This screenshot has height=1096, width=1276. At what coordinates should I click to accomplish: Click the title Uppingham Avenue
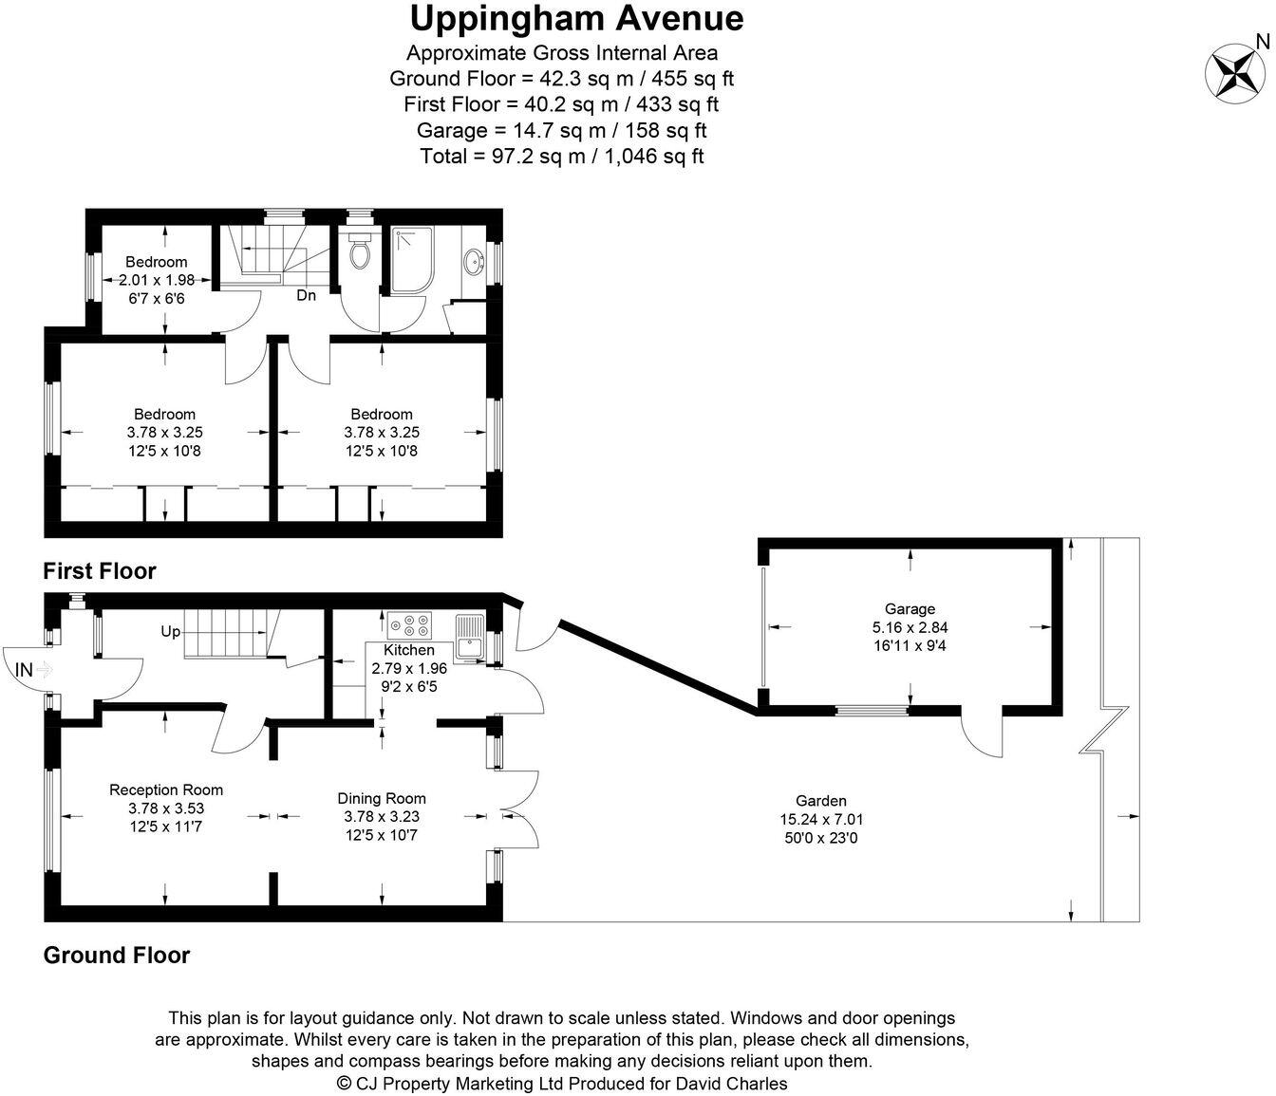(x=576, y=18)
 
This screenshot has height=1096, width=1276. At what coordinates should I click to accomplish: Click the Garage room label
(x=910, y=609)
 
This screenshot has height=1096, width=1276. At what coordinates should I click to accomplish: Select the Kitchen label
(x=409, y=650)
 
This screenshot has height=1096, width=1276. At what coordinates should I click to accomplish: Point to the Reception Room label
(x=166, y=789)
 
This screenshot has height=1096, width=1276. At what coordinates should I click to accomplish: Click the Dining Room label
(x=382, y=798)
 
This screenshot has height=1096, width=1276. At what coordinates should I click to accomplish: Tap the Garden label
(x=821, y=801)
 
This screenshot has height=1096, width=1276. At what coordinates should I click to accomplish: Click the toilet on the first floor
(x=360, y=251)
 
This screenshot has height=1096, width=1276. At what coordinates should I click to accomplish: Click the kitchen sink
(x=469, y=633)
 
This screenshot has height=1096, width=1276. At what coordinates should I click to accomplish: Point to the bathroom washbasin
(x=472, y=260)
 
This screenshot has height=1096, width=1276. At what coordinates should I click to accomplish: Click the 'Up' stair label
(x=170, y=630)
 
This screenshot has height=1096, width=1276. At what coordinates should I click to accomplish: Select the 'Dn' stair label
(x=306, y=295)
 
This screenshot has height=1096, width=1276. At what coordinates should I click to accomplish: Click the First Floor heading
(x=100, y=570)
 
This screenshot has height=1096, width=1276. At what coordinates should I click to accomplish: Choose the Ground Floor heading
(x=117, y=955)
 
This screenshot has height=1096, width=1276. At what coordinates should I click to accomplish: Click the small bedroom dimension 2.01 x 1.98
(x=157, y=280)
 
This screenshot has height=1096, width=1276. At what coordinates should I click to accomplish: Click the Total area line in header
(x=561, y=156)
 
